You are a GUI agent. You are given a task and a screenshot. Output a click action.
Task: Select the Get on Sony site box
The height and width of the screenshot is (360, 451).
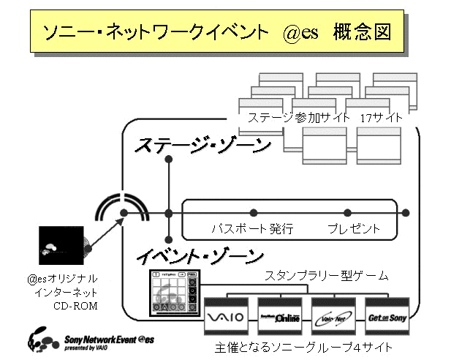point(386,318)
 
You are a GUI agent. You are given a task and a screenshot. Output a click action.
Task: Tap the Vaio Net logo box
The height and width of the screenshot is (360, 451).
point(333,318)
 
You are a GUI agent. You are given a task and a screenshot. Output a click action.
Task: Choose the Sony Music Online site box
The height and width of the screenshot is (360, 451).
point(281,318)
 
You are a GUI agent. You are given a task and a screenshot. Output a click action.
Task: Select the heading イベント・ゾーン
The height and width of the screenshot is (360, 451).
point(200,257)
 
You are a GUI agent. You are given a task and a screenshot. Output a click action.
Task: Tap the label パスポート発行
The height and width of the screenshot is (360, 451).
point(251,229)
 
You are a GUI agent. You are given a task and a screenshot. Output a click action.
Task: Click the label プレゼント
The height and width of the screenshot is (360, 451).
point(354,229)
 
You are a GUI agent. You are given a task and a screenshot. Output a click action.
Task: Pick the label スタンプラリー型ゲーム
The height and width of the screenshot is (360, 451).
point(326,276)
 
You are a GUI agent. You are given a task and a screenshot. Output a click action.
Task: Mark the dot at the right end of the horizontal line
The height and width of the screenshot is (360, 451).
point(406,213)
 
